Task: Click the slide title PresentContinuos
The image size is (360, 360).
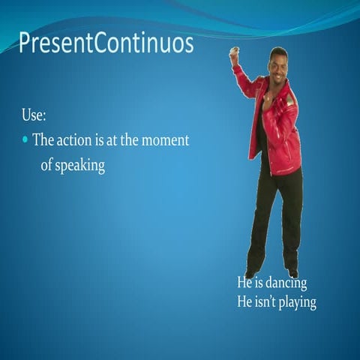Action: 106,43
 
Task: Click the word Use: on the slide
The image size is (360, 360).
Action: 34,117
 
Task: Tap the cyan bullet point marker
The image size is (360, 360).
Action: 25,140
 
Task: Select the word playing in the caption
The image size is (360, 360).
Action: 295,303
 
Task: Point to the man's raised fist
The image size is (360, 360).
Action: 234,55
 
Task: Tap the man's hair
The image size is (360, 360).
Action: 278,52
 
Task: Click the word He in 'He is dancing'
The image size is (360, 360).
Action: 244,283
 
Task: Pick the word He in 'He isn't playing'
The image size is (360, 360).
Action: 244,302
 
